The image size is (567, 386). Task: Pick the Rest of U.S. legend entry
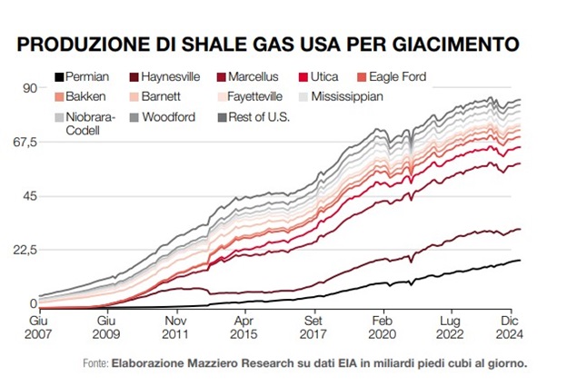(x=255, y=117)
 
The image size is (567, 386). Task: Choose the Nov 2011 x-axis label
(x=176, y=328)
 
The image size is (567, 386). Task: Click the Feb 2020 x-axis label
(x=383, y=328)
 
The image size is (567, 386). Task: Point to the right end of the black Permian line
(x=521, y=261)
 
